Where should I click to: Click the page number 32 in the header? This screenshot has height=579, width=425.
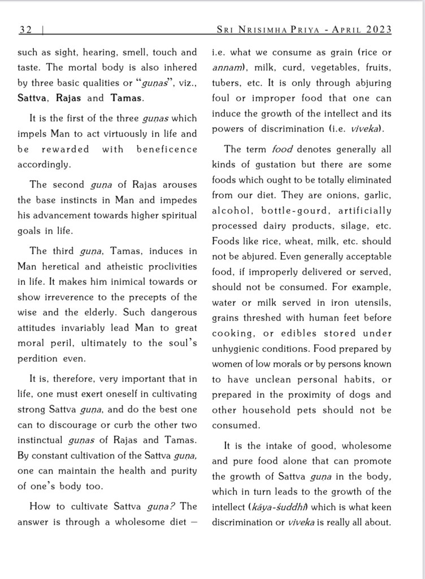pos(25,30)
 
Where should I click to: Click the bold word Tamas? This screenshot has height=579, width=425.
pos(126,98)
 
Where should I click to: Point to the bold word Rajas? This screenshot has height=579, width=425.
pos(68,98)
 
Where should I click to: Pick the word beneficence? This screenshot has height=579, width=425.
pos(167,149)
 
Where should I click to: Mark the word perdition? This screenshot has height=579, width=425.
pos(37,358)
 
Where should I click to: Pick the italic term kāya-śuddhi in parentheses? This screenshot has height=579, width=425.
pos(276,507)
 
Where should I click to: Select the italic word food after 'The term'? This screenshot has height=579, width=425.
pos(282,149)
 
